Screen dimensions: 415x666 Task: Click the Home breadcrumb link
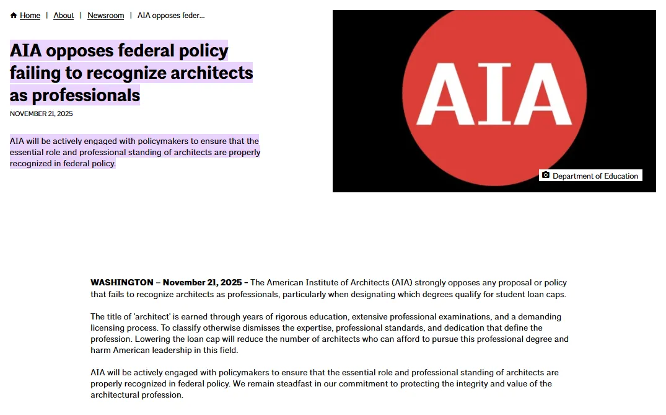coord(30,16)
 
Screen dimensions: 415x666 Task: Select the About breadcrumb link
coord(63,16)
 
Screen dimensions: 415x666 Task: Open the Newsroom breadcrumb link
coord(105,16)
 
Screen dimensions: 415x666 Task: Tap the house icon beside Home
coord(14,16)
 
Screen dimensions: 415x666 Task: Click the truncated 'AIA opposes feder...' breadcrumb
coord(171,16)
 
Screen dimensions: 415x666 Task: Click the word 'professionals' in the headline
coord(85,95)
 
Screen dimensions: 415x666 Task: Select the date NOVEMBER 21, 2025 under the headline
coord(42,114)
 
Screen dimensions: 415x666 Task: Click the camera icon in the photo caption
coord(546,176)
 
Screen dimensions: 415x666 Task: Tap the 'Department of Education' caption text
coord(595,176)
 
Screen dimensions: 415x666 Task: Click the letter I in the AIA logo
coord(494,94)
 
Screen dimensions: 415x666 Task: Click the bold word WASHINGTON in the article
coord(122,283)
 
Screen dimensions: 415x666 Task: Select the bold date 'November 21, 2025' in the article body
coord(202,283)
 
